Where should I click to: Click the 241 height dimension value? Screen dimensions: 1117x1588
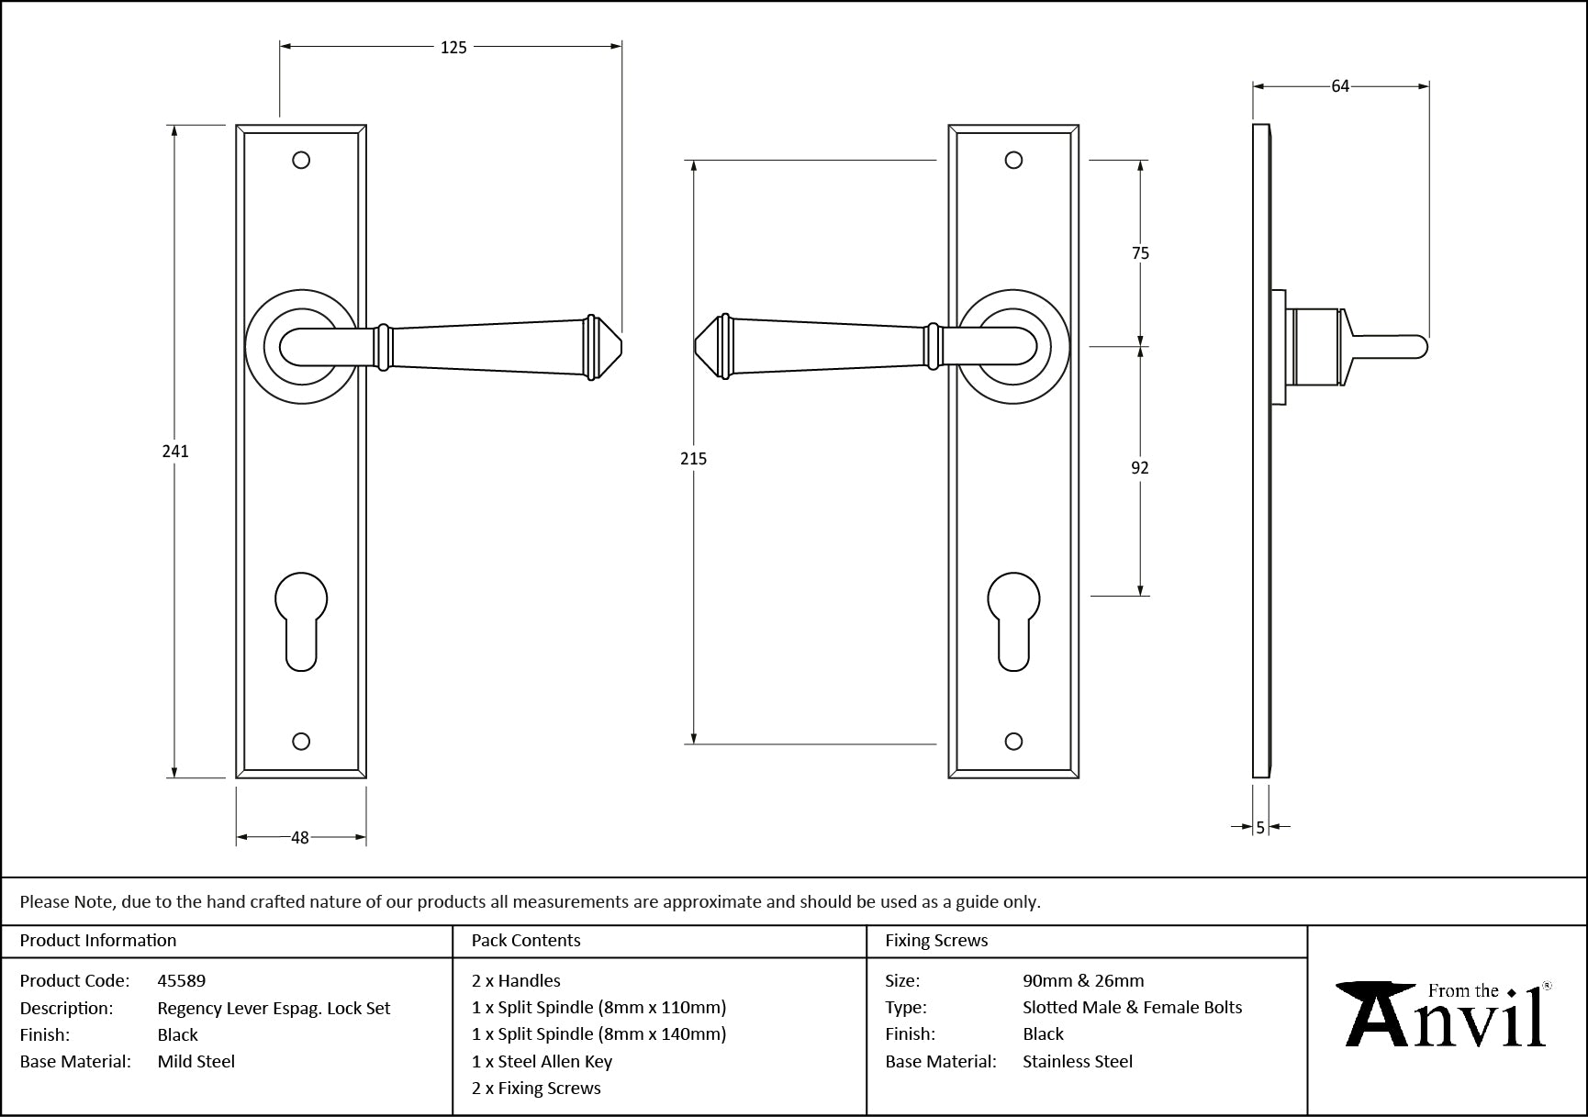(x=175, y=451)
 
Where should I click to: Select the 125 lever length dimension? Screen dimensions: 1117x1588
(x=453, y=47)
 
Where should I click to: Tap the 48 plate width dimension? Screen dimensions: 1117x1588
(x=300, y=837)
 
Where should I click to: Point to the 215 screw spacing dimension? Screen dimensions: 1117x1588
(x=693, y=458)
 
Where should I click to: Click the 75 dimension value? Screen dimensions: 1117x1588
(x=1140, y=253)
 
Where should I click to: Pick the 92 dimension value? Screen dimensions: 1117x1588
(x=1139, y=468)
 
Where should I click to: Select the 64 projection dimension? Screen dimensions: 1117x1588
(x=1340, y=86)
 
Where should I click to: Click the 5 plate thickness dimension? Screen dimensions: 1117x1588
(x=1260, y=827)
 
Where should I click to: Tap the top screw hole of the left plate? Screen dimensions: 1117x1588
(x=301, y=161)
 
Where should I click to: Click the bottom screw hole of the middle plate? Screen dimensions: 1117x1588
(x=1013, y=742)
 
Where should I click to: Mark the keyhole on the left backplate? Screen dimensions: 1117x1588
(x=301, y=620)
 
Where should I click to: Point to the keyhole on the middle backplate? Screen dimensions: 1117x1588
(x=1013, y=620)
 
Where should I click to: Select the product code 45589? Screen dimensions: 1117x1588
(x=182, y=980)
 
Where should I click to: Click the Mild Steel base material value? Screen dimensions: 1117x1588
(x=196, y=1061)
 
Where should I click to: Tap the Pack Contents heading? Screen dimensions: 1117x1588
(x=526, y=940)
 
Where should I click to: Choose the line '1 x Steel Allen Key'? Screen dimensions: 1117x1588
(x=542, y=1061)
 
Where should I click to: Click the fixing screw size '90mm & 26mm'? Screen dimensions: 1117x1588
(x=1083, y=980)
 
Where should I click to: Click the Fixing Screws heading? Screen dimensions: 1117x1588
(x=936, y=940)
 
